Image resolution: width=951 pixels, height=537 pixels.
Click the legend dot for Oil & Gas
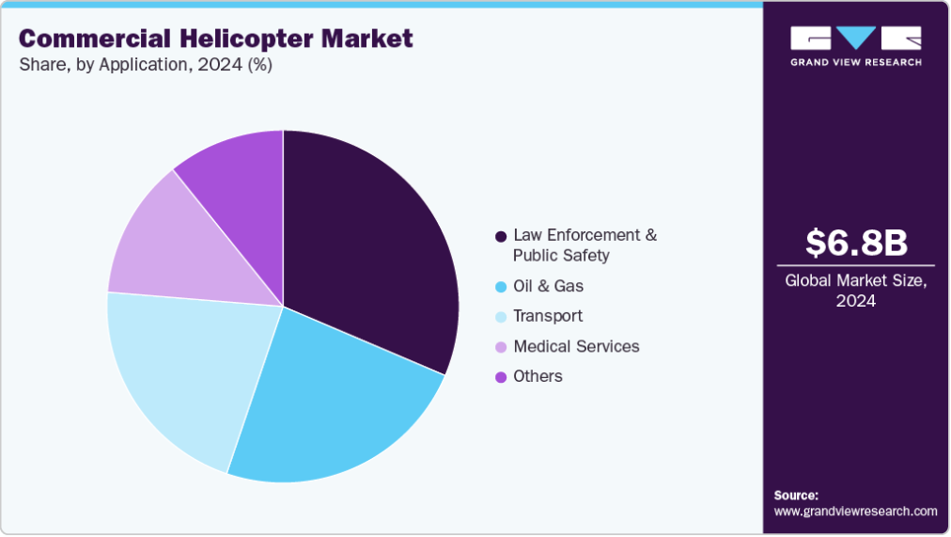click(x=501, y=286)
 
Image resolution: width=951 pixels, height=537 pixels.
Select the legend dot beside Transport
click(x=501, y=316)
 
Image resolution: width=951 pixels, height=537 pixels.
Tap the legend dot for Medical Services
click(x=501, y=346)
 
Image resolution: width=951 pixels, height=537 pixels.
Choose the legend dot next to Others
click(x=501, y=376)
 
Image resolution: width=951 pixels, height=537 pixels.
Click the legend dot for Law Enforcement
click(x=501, y=235)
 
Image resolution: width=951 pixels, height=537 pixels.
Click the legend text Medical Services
click(x=576, y=346)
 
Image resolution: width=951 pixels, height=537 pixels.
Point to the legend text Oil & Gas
click(x=554, y=286)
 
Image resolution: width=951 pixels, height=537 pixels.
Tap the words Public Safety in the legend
click(x=561, y=255)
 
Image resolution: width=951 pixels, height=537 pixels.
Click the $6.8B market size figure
click(x=856, y=243)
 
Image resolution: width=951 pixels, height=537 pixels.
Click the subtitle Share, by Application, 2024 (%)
click(x=146, y=66)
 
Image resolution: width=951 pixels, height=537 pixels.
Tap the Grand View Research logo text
click(x=856, y=62)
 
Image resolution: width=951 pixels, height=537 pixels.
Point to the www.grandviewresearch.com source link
click(x=855, y=512)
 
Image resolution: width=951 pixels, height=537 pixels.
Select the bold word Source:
click(x=796, y=495)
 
